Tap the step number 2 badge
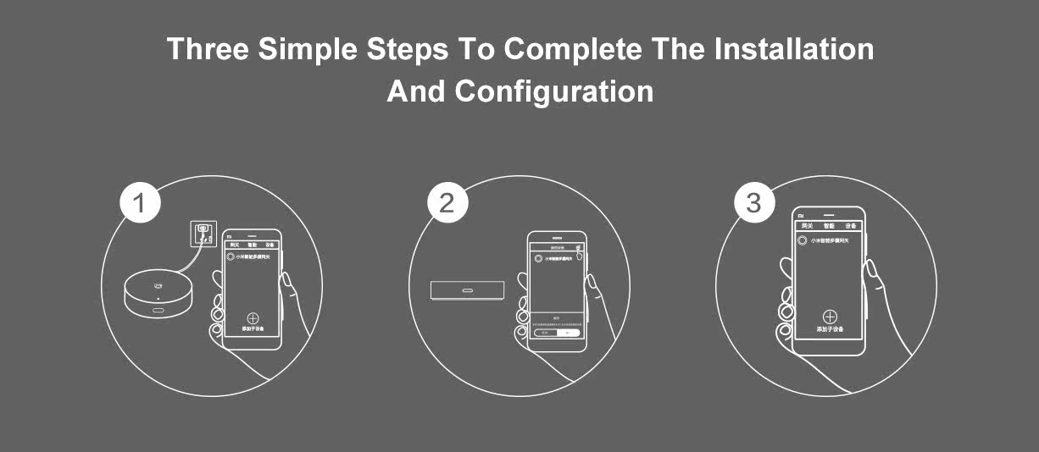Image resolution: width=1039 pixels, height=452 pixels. click(x=447, y=204)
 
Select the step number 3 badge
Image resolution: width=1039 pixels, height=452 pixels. click(x=753, y=204)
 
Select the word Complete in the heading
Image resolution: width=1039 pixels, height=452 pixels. click(x=572, y=49)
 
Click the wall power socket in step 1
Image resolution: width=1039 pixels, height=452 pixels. click(x=203, y=231)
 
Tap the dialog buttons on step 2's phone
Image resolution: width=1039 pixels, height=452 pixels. click(x=556, y=333)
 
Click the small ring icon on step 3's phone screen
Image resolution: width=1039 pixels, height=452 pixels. click(x=804, y=240)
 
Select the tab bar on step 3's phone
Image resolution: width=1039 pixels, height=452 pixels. click(x=829, y=227)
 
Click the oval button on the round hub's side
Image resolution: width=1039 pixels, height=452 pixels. click(x=158, y=311)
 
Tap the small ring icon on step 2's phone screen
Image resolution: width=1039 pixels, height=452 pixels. click(x=537, y=259)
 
